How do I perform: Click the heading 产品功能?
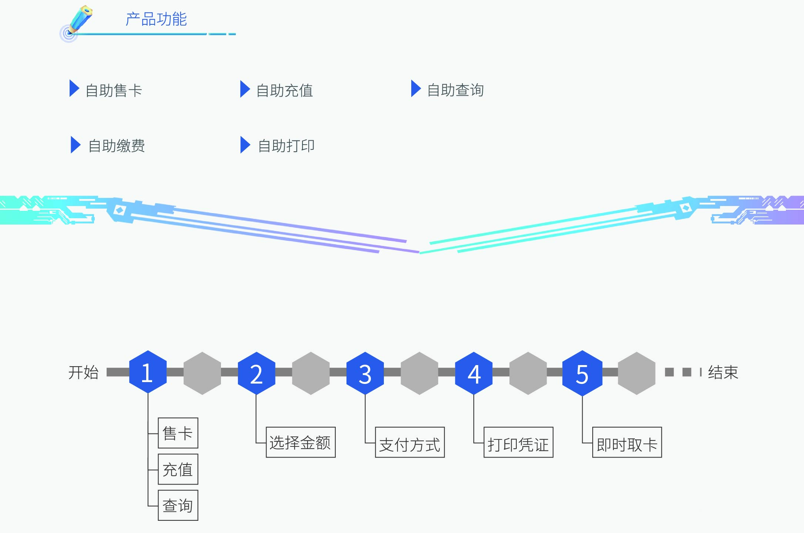(x=156, y=19)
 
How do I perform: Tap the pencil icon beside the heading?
(x=78, y=21)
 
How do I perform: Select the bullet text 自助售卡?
(x=114, y=90)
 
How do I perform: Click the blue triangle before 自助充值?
(x=245, y=89)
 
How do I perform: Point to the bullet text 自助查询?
(x=455, y=90)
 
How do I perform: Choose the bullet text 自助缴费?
(x=117, y=146)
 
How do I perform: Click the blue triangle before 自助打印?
(x=245, y=145)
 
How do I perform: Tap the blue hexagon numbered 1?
(x=148, y=372)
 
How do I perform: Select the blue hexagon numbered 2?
(x=256, y=373)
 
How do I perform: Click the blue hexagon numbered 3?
(x=365, y=373)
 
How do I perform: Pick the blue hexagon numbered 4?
(x=474, y=373)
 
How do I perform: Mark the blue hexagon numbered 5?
(x=582, y=373)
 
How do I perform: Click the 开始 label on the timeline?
(x=83, y=372)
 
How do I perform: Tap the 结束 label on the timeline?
(x=723, y=372)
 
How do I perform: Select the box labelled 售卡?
(x=178, y=433)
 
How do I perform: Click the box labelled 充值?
(x=178, y=469)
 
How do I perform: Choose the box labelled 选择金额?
(x=301, y=442)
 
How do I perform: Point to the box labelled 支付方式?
(x=410, y=442)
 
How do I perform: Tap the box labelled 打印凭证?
(x=518, y=442)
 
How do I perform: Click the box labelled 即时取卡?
(x=627, y=442)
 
